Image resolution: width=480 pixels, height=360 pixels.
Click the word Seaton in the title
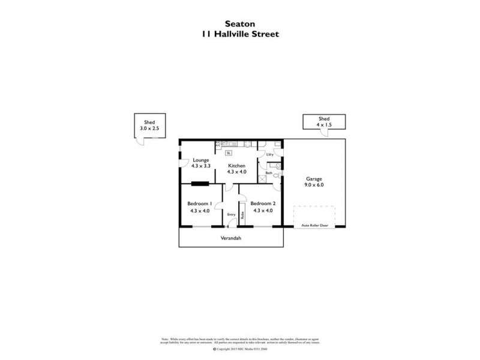tap(239, 24)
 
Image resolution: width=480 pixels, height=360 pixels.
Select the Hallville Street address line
tap(239, 34)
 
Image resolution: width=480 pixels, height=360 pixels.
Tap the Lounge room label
tap(200, 160)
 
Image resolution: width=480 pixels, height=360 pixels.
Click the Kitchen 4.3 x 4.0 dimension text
tap(236, 172)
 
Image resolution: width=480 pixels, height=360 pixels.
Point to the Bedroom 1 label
tap(200, 203)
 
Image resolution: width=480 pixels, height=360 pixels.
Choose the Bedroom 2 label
tap(263, 203)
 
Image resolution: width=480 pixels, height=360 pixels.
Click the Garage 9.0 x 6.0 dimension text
tap(314, 185)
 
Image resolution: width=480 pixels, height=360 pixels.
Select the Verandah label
tap(231, 238)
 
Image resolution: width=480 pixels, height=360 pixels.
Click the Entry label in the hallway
tap(231, 214)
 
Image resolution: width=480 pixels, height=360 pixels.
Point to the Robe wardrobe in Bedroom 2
tap(242, 214)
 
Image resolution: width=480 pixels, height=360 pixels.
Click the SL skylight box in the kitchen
tap(229, 153)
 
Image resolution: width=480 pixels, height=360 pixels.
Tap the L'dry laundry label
tap(270, 155)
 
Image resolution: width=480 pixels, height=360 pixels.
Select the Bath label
tap(269, 173)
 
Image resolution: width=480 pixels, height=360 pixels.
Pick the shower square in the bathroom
tap(262, 178)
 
